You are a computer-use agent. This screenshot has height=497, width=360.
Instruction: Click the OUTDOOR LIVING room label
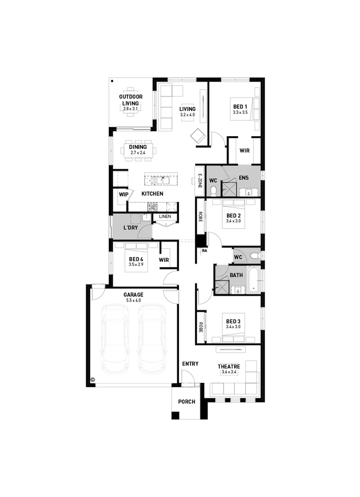pyautogui.click(x=131, y=100)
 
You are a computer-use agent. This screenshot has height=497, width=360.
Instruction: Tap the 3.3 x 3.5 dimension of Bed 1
pyautogui.click(x=240, y=112)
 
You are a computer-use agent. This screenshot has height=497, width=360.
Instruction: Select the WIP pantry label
pyautogui.click(x=123, y=195)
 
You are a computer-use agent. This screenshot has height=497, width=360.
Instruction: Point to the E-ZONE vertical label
pyautogui.click(x=200, y=181)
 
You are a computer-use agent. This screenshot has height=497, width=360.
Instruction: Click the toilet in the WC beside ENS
pyautogui.click(x=214, y=191)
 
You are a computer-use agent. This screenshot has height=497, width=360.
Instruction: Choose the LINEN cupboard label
pyautogui.click(x=165, y=216)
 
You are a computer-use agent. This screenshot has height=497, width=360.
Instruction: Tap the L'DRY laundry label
pyautogui.click(x=130, y=228)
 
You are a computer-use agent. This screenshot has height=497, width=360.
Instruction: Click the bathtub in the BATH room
pyautogui.click(x=254, y=280)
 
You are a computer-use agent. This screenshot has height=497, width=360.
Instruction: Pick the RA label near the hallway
pyautogui.click(x=205, y=250)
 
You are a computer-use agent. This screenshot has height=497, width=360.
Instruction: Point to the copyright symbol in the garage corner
pyautogui.click(x=93, y=380)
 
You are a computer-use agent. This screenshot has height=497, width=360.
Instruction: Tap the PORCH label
pyautogui.click(x=187, y=402)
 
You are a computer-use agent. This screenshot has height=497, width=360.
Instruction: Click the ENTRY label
pyautogui.click(x=190, y=364)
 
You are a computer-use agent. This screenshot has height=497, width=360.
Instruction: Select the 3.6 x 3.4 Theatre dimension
pyautogui.click(x=229, y=372)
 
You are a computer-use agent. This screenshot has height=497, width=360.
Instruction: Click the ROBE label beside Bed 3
pyautogui.click(x=200, y=327)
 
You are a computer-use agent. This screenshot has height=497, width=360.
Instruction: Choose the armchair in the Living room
pyautogui.click(x=198, y=136)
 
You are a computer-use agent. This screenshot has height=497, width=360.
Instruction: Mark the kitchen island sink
pyautogui.click(x=161, y=180)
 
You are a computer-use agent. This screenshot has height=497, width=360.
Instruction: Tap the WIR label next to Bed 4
pyautogui.click(x=163, y=260)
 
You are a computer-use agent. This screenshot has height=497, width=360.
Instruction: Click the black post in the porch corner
pyautogui.click(x=175, y=415)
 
